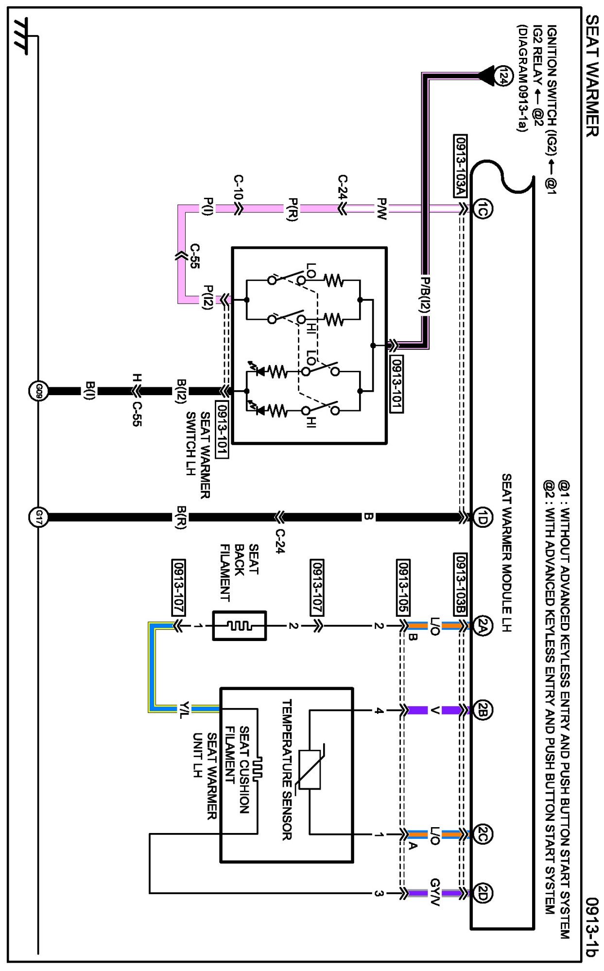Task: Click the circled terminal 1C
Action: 482,209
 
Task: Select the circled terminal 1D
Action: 482,517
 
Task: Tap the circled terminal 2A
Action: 482,626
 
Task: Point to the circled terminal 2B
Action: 482,710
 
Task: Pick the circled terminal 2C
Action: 482,835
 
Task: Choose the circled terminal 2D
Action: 482,893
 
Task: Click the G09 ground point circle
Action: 38,391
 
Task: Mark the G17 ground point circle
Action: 38,517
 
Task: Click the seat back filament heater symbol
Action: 240,626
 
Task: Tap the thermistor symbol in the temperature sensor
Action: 310,769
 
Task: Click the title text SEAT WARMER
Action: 591,75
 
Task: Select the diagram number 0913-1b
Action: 591,927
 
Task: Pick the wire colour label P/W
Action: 382,209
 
